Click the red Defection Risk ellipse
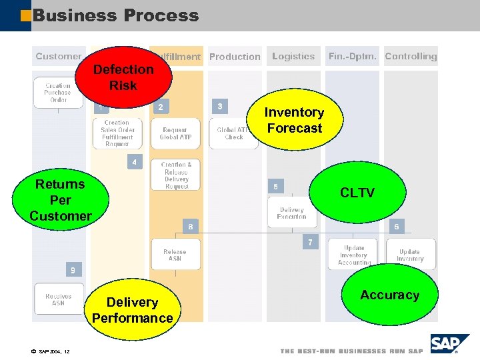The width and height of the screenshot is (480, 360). click(123, 77)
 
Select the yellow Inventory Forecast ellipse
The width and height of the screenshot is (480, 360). click(294, 121)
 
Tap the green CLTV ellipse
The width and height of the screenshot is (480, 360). click(357, 193)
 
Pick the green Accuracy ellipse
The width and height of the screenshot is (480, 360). click(390, 295)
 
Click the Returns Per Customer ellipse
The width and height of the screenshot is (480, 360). click(61, 199)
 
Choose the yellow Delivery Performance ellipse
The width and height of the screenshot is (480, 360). click(132, 310)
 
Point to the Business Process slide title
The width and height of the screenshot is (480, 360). click(115, 15)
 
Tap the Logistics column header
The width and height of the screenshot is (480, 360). click(293, 57)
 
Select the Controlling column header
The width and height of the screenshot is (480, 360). click(411, 57)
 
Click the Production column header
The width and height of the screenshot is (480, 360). click(235, 57)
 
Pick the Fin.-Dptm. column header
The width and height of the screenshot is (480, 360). click(352, 57)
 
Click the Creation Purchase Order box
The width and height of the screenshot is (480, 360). click(58, 93)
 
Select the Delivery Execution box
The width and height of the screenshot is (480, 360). click(291, 213)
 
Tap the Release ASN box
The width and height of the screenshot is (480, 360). click(175, 255)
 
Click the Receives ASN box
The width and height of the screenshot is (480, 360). click(59, 299)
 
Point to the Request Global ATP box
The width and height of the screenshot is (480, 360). click(175, 133)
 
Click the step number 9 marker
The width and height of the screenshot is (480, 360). click(73, 270)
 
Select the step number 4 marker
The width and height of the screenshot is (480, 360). click(135, 162)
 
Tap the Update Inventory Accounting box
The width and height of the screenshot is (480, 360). click(353, 255)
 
